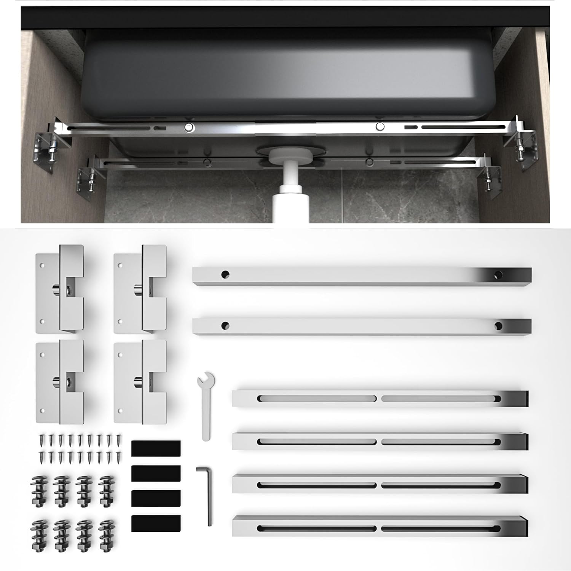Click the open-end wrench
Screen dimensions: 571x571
click(206, 405)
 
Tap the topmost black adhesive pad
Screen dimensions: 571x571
click(156, 448)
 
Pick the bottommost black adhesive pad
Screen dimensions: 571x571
click(156, 523)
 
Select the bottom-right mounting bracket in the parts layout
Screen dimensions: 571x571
click(140, 381)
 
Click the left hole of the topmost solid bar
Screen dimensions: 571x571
click(225, 274)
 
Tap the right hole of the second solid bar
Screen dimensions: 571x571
click(498, 326)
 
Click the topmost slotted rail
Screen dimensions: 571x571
click(380, 399)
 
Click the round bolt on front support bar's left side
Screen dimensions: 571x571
click(189, 128)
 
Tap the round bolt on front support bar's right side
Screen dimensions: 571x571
click(380, 126)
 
